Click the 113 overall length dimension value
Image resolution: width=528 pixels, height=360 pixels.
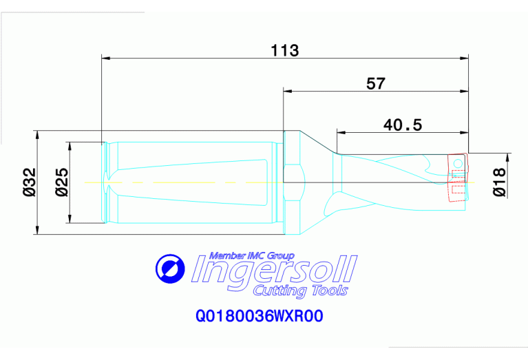pyautogui.click(x=284, y=50)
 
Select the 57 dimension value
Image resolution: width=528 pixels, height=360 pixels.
pyautogui.click(x=375, y=84)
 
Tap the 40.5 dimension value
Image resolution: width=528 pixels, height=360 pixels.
pyautogui.click(x=402, y=125)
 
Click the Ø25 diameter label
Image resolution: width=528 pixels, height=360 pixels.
pyautogui.click(x=61, y=182)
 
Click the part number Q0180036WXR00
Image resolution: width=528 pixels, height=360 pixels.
pyautogui.click(x=260, y=317)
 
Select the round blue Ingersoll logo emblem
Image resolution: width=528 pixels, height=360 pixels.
pyautogui.click(x=170, y=268)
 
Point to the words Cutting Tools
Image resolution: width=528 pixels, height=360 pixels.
pyautogui.click(x=300, y=291)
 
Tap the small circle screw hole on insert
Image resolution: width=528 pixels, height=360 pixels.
pyautogui.click(x=458, y=162)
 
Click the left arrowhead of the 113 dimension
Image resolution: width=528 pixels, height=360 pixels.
pyautogui.click(x=105, y=59)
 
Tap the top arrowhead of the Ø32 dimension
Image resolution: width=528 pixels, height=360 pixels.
pyautogui.click(x=36, y=134)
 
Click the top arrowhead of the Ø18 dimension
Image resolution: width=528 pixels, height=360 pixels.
pyautogui.click(x=509, y=156)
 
